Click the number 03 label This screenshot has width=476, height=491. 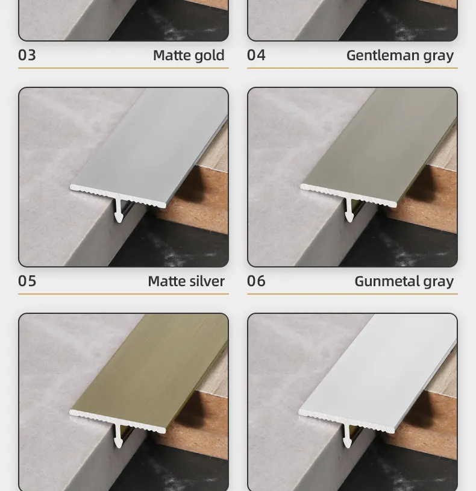click(27, 55)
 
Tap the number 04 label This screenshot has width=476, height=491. click(256, 55)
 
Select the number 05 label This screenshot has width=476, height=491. click(27, 281)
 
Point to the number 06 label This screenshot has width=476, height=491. click(256, 281)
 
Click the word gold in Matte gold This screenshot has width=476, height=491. click(209, 56)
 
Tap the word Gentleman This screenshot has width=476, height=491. click(383, 55)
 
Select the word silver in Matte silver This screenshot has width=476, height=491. click(207, 281)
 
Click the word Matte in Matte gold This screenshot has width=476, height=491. click(172, 55)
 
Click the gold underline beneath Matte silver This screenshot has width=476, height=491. click(124, 294)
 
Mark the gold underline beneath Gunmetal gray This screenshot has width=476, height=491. click(352, 294)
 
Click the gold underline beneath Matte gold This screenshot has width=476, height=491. click(124, 68)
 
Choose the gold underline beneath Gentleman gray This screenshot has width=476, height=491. click(352, 68)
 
